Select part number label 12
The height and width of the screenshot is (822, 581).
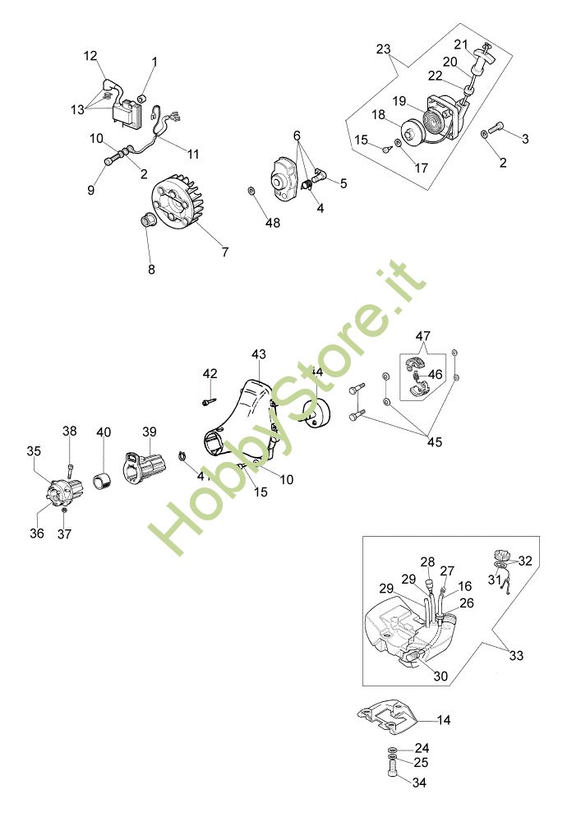point(90,56)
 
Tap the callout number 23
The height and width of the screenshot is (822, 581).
point(384,48)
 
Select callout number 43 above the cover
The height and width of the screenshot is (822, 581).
point(259,354)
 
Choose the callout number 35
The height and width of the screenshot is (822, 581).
point(34,450)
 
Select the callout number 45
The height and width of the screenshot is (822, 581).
point(434,441)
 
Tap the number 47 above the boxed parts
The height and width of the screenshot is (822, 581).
point(422,335)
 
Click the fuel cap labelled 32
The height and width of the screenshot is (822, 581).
point(500,556)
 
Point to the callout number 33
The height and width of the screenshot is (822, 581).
point(516,656)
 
